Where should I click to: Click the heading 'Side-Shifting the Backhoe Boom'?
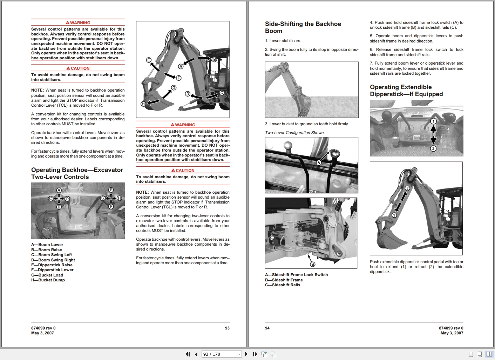point(303,27)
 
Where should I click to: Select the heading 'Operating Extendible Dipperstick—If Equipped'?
point(406,91)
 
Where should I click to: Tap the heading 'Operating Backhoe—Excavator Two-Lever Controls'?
point(77,173)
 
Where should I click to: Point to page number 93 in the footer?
point(227,328)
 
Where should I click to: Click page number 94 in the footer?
point(267,328)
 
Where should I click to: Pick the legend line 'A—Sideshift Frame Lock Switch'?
point(296,275)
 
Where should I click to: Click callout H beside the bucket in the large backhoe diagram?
point(143,104)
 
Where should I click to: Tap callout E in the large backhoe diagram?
point(149,60)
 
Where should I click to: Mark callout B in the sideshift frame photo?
point(312,264)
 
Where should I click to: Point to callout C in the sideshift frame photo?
point(271,238)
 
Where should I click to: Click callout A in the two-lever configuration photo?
point(319,162)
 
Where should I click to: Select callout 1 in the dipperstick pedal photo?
point(433,121)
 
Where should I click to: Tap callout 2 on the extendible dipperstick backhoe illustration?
point(407,188)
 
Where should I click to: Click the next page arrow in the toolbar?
point(246,354)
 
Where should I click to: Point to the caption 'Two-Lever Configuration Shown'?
point(294,133)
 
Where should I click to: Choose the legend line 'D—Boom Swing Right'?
point(53,260)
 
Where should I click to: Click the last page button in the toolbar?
point(255,354)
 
